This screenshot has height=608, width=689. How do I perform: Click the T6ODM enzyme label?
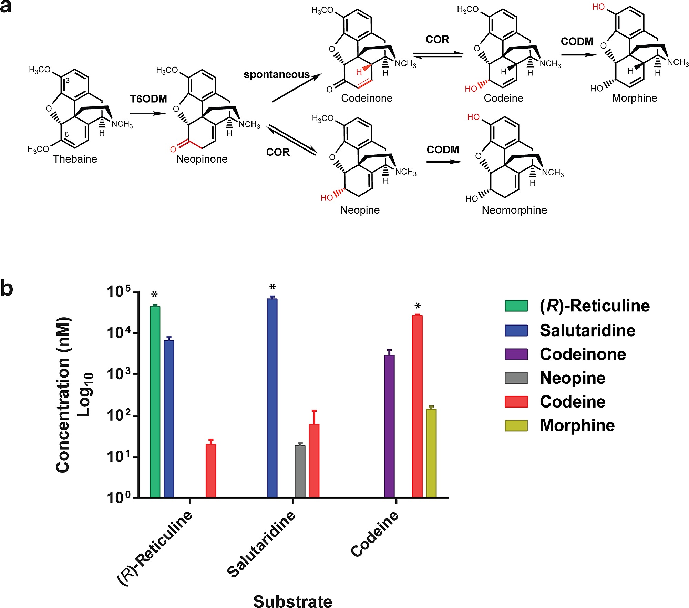pos(148,99)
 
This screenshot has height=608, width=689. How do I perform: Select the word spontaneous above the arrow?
pos(276,74)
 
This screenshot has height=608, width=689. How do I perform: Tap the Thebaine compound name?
pos(75,159)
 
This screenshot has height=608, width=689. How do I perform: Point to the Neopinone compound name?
pos(202,159)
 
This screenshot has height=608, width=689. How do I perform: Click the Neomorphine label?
pos(514,210)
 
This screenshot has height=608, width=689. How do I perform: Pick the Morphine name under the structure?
pos(634,98)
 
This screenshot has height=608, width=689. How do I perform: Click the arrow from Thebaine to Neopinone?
pos(147,113)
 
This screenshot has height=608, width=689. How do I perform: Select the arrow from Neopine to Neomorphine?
pos(444,162)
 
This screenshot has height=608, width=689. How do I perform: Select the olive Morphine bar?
pos(431,453)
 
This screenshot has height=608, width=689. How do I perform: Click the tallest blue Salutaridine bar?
pos(272,398)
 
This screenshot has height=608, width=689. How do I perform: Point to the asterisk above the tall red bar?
pos(418,306)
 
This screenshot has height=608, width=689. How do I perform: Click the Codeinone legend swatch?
pos(516,354)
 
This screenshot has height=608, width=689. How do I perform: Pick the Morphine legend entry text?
pos(577,425)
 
